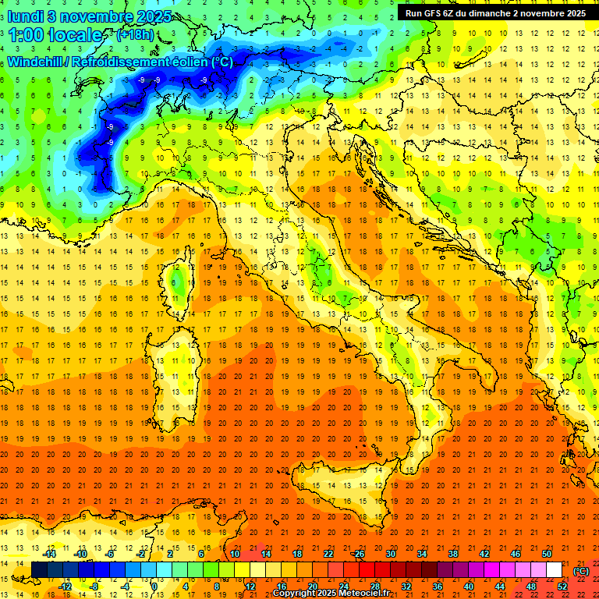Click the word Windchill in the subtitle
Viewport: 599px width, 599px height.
click(x=34, y=62)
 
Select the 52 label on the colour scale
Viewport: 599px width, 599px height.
click(x=562, y=586)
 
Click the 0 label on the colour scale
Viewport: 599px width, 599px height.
click(x=154, y=586)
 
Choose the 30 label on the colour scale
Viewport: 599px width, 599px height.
click(x=389, y=554)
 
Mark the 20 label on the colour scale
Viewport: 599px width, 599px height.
click(x=312, y=586)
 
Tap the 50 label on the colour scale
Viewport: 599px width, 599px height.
click(x=547, y=554)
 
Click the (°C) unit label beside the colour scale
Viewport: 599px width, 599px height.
click(x=580, y=570)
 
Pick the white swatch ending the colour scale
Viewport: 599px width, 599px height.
click(x=555, y=570)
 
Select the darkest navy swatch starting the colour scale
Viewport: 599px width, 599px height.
click(x=39, y=570)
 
